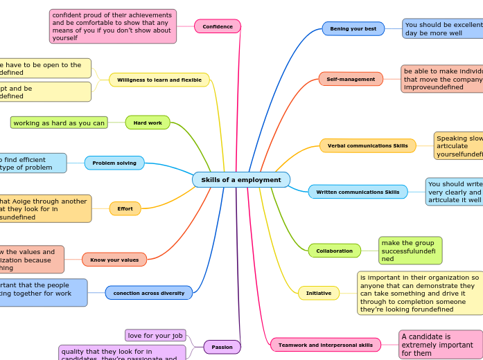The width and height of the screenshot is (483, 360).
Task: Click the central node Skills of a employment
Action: point(241,180)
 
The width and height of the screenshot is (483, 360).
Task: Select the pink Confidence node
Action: point(218,26)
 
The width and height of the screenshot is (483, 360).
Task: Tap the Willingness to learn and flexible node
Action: point(159,80)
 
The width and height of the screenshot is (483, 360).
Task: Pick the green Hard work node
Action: point(148,123)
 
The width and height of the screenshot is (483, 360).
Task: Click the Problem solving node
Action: point(114,163)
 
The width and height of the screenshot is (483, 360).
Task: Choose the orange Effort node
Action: point(125,208)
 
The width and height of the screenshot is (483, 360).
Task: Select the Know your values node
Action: point(114,260)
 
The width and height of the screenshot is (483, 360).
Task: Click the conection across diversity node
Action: point(149,293)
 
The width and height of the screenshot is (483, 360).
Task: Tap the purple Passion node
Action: point(222,347)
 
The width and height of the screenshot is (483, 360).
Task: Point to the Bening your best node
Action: point(353,28)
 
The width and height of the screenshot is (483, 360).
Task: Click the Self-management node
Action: point(351,80)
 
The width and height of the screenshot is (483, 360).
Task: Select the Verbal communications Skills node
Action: point(368,145)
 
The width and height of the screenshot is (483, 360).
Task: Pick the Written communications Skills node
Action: point(358,192)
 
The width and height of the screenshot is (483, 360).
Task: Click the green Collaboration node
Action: point(335,251)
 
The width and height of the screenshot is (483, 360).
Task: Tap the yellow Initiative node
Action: point(319,293)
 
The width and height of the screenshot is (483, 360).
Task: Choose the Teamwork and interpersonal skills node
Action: point(326,344)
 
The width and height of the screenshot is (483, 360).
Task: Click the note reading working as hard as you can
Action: point(60,123)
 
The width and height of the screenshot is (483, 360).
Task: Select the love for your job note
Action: point(155,336)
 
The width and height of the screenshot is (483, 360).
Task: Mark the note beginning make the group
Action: point(410,251)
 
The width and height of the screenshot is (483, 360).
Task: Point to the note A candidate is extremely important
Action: point(441,345)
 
